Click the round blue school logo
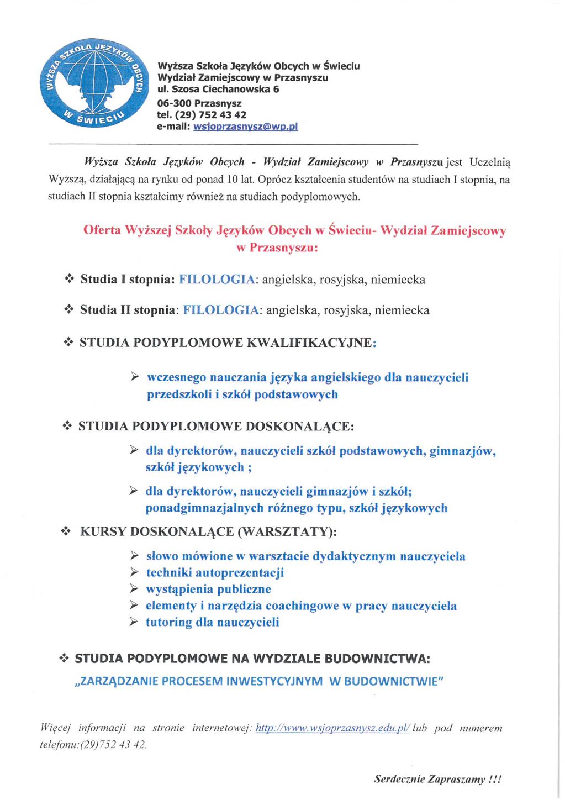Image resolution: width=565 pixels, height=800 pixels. tap(92, 83)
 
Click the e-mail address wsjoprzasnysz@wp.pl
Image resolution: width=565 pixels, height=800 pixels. tap(245, 127)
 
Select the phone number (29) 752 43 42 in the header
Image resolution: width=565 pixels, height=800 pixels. tap(210, 115)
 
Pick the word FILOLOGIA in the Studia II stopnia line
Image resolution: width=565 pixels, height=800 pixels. tap(221, 310)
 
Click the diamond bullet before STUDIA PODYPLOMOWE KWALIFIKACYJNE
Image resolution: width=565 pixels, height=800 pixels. tap(68, 343)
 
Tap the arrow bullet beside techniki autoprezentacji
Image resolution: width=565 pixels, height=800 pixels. tap(134, 572)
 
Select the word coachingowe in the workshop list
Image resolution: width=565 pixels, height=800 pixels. tap(302, 606)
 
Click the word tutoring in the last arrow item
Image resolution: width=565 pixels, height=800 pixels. tap(168, 623)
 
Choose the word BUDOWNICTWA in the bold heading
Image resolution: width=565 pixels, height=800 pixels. tap(377, 659)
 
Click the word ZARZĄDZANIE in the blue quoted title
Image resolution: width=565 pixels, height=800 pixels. tap(117, 681)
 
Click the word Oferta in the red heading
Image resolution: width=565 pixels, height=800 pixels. tap(102, 230)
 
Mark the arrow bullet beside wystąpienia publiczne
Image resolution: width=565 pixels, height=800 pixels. tap(134, 589)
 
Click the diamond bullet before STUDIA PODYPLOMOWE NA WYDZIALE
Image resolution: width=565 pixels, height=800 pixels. tap(64, 659)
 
